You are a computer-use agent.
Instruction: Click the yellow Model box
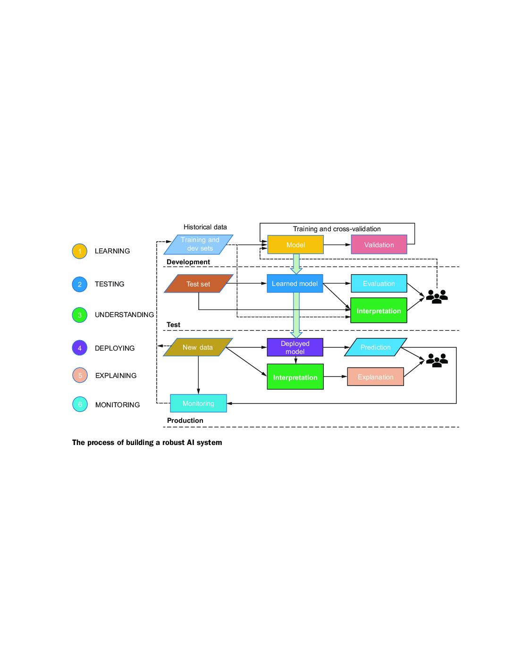click(x=295, y=244)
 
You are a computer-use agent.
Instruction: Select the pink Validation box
click(x=379, y=244)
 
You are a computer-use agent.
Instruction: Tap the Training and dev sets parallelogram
click(x=198, y=244)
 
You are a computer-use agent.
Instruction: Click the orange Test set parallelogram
click(x=198, y=284)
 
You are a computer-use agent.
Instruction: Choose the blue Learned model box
click(x=295, y=283)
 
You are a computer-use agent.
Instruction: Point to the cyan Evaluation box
click(x=379, y=283)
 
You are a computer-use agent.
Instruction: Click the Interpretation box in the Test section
click(x=379, y=311)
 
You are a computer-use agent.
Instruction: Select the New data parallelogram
click(x=198, y=347)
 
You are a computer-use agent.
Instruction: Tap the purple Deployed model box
click(x=295, y=347)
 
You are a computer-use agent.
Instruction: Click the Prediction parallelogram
click(x=375, y=347)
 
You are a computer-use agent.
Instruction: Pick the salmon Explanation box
click(x=375, y=377)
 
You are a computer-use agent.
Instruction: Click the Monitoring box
click(x=198, y=403)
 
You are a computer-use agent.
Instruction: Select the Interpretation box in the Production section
click(x=295, y=377)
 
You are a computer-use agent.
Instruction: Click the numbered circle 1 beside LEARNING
click(x=79, y=251)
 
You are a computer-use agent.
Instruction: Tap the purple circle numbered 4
click(x=79, y=348)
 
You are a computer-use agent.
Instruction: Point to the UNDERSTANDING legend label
click(x=124, y=315)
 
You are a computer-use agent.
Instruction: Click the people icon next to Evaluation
click(x=437, y=296)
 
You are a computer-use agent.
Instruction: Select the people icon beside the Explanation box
click(x=437, y=360)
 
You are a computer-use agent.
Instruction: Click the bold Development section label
click(x=188, y=262)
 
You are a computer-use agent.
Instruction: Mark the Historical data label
click(x=205, y=227)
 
